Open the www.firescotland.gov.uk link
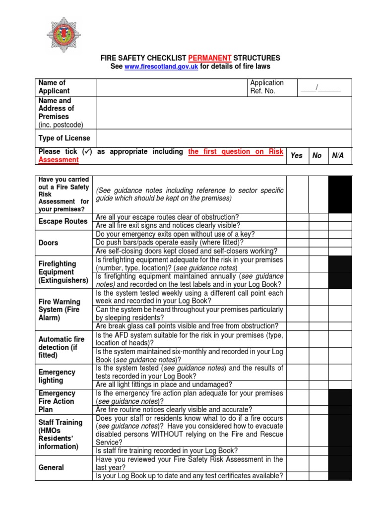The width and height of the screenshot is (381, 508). click(x=161, y=66)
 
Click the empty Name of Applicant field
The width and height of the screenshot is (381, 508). click(x=172, y=87)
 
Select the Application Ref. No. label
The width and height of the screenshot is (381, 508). click(x=266, y=87)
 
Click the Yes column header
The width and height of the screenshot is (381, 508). click(x=296, y=156)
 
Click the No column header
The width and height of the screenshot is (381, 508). click(x=317, y=156)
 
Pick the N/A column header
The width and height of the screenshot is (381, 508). click(x=337, y=156)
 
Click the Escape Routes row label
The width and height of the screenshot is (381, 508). click(x=63, y=221)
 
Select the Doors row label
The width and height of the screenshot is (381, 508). click(x=49, y=243)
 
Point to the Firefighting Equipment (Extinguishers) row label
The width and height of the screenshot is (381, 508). click(x=63, y=272)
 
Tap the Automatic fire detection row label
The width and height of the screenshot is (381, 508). click(x=62, y=347)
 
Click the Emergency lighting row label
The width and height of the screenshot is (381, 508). click(x=57, y=376)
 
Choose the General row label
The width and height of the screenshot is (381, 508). click(x=51, y=467)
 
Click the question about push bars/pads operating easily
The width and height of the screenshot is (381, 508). click(x=170, y=243)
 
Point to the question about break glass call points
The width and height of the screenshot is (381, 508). click(x=187, y=326)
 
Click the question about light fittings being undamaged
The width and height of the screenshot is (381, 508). click(x=164, y=384)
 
